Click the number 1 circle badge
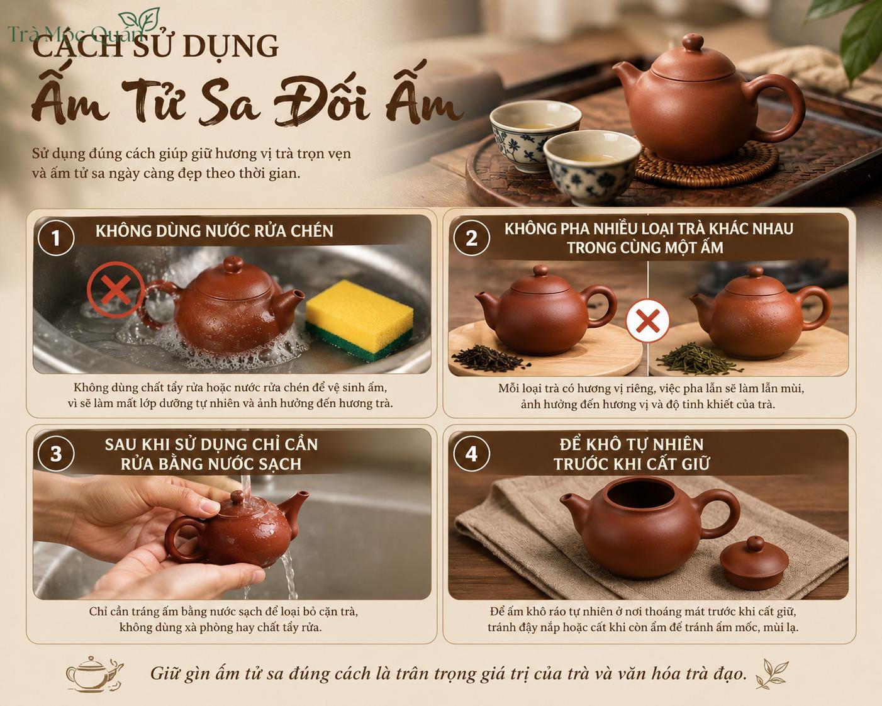pos(56,238)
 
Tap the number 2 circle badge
pos(471,238)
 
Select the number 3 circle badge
pos(56,454)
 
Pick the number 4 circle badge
pos(471,454)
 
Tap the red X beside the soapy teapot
pos(116,290)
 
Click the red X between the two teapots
pos(647,321)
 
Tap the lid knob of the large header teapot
pos(693,43)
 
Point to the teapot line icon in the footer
pos(94,674)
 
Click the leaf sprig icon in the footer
pos(771,674)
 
